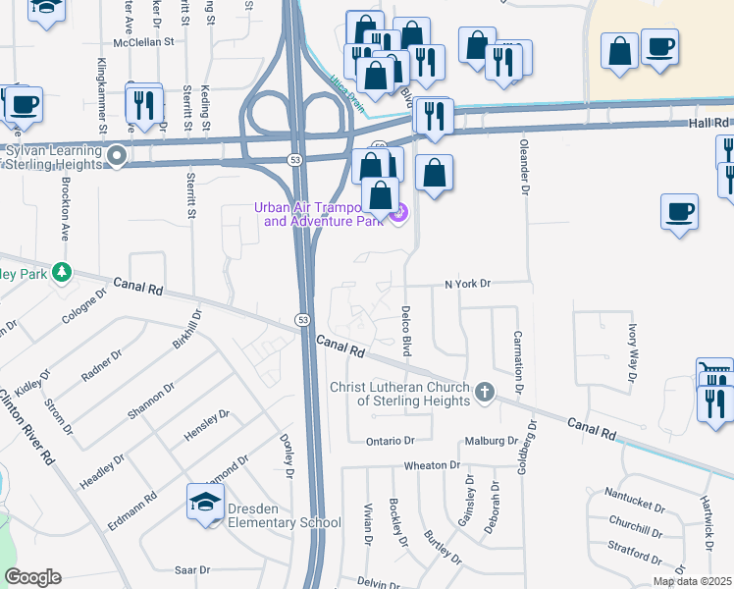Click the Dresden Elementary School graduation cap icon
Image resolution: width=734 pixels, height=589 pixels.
point(206,503)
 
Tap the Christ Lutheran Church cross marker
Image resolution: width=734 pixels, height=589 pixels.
point(483,394)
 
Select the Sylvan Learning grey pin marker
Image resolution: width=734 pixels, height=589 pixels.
point(118,155)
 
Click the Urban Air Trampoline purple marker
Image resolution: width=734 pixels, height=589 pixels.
point(398,213)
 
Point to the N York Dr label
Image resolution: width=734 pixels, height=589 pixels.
point(467,284)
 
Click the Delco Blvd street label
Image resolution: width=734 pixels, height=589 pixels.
point(405,330)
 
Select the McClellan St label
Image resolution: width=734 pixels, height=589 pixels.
point(143,42)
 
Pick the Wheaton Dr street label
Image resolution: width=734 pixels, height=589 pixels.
point(429,464)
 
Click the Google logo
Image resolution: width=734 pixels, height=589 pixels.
point(33,577)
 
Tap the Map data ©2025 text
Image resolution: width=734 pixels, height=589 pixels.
point(692,581)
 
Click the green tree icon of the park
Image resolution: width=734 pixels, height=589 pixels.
point(63,271)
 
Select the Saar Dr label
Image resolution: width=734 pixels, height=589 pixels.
point(192,569)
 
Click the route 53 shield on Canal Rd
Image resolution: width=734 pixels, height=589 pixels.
point(302,320)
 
